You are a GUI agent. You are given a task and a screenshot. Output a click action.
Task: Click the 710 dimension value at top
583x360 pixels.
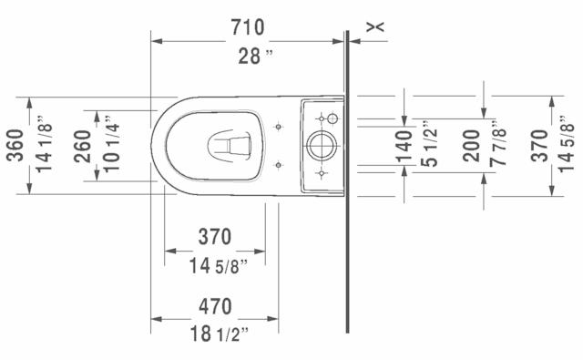coord(248,27)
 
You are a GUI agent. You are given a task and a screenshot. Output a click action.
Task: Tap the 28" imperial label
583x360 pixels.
coord(255,57)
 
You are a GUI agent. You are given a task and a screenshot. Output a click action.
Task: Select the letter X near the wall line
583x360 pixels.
coord(375,26)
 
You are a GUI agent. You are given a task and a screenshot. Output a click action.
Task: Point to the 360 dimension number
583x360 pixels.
coord(15,145)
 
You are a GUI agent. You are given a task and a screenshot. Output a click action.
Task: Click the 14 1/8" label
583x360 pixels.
coord(44,144)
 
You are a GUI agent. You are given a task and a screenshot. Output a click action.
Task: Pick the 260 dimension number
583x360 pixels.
coord(82,146)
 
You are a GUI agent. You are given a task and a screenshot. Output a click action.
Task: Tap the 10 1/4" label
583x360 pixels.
coord(111,144)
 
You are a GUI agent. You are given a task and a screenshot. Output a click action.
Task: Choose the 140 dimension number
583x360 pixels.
coord(404,147)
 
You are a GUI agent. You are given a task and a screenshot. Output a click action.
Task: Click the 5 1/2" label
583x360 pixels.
coord(429,144)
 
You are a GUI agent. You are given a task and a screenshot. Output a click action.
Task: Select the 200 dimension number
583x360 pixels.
coord(472,146)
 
